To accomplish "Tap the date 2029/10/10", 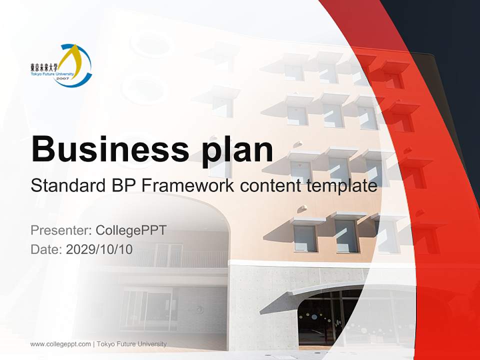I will click(99, 249).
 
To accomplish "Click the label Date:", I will click(46, 249).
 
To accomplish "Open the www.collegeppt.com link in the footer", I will click(60, 344).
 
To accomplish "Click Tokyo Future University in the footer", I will click(132, 344).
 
